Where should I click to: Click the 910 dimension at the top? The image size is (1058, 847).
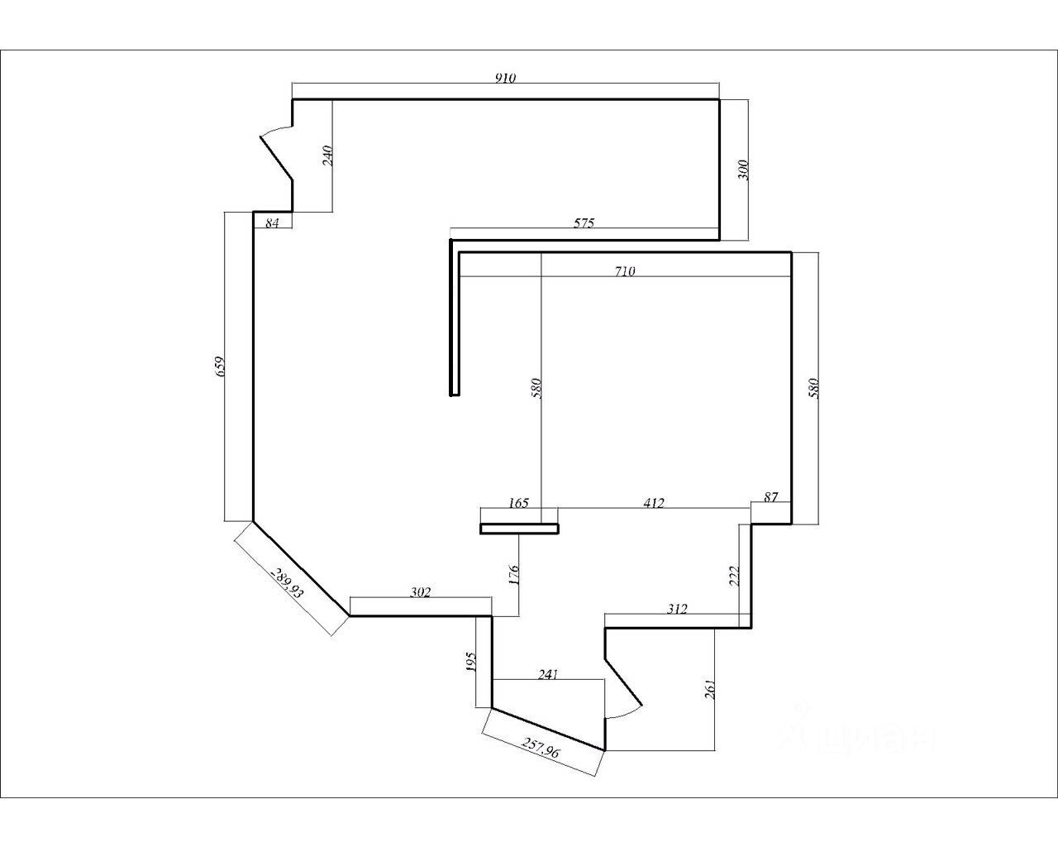click(x=505, y=79)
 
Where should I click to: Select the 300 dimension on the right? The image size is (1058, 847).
click(x=741, y=170)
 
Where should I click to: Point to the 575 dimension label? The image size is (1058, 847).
click(x=584, y=223)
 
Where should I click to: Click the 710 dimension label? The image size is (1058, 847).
click(x=625, y=270)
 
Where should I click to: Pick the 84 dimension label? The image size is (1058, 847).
click(x=272, y=223)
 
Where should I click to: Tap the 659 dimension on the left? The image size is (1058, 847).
click(x=220, y=366)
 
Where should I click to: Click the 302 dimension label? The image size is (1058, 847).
click(x=421, y=592)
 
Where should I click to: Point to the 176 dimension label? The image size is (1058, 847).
click(x=513, y=575)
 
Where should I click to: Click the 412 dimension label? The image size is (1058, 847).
click(x=653, y=503)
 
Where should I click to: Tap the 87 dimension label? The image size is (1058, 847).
click(x=770, y=497)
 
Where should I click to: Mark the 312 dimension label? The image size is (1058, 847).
click(x=676, y=610)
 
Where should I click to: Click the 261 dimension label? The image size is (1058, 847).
click(x=708, y=689)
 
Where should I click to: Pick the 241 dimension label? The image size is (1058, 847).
click(x=548, y=674)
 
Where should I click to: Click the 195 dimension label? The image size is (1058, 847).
click(x=471, y=662)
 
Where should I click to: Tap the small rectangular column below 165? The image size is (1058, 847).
click(x=519, y=529)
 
